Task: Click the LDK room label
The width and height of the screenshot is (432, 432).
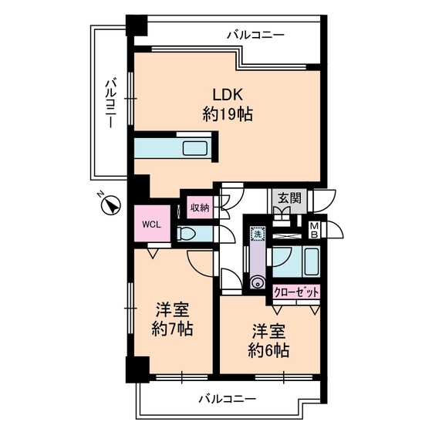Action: [228, 95]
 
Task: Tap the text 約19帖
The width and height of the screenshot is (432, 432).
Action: [228, 114]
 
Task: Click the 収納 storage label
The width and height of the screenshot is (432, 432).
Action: [200, 208]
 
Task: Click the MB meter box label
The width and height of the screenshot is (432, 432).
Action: [315, 230]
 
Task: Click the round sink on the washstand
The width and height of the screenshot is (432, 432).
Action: [255, 282]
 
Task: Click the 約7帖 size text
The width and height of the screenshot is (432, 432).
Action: [173, 329]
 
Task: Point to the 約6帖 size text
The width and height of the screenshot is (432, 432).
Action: [269, 351]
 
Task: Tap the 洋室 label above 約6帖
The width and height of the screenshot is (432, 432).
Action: [269, 332]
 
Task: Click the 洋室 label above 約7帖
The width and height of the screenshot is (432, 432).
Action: [173, 310]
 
